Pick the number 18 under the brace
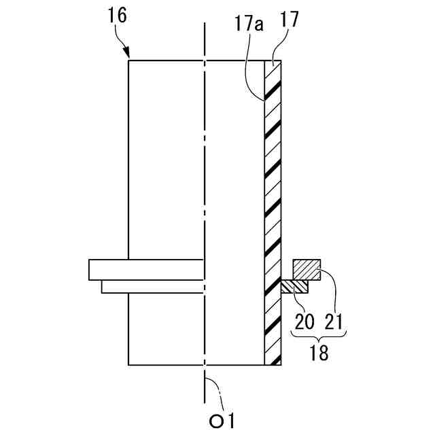click(318, 352)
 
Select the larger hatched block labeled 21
click(307, 270)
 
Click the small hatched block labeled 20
click(294, 287)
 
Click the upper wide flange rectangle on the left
click(145, 270)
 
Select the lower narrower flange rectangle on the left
click(152, 287)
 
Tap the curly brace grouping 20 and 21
click(318, 334)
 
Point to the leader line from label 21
click(328, 285)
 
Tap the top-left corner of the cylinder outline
click(128, 60)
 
